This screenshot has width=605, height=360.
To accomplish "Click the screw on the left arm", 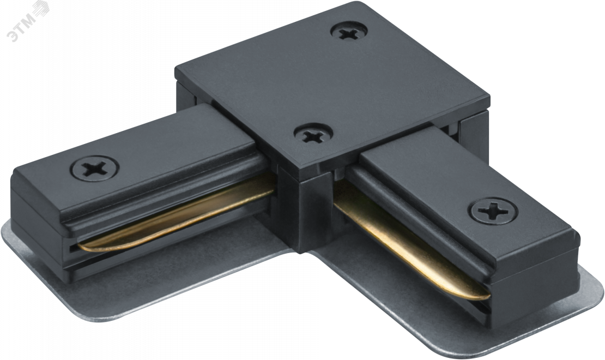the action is (94, 169).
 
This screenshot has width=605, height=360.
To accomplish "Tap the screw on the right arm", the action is (493, 211).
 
